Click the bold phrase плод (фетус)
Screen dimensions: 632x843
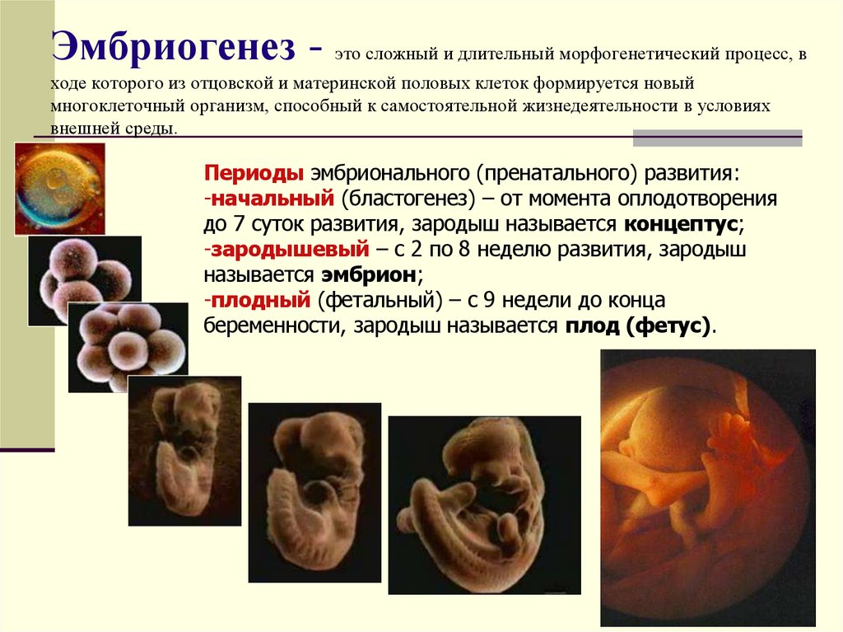[638, 325]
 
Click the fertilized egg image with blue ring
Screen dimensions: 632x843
[59, 188]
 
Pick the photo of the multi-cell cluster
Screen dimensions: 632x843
[127, 346]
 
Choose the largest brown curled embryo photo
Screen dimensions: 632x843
[484, 504]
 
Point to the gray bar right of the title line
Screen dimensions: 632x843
[717, 138]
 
